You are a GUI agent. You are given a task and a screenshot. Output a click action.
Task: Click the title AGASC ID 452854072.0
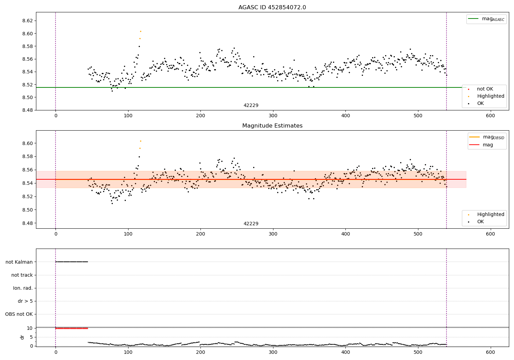[272, 8]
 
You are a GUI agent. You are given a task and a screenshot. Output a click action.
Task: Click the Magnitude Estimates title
[272, 126]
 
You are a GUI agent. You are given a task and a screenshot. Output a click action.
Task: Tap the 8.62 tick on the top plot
[28, 21]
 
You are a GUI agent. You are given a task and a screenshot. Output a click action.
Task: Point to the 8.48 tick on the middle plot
[28, 223]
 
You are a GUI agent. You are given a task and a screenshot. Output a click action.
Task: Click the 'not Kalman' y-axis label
[19, 262]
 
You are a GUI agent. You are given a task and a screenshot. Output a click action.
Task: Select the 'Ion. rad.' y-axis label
[23, 288]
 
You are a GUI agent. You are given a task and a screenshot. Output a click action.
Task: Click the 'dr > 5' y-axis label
[25, 301]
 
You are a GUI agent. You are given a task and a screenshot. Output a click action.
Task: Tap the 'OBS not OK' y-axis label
[19, 314]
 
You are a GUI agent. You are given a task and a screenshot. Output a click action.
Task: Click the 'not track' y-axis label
[22, 275]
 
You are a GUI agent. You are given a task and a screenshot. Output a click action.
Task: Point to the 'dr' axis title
[22, 337]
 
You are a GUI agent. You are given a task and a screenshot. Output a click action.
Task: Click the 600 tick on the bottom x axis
[490, 352]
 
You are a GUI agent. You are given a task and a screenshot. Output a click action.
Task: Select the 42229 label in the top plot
[251, 106]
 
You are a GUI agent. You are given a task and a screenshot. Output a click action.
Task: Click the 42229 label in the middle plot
[251, 224]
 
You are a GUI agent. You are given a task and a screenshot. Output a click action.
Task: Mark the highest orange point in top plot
[140, 31]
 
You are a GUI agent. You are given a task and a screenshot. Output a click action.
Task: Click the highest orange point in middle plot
[140, 141]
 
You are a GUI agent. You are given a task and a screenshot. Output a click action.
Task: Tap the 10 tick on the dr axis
[29, 328]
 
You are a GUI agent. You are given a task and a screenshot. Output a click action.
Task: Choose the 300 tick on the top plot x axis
[273, 116]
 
